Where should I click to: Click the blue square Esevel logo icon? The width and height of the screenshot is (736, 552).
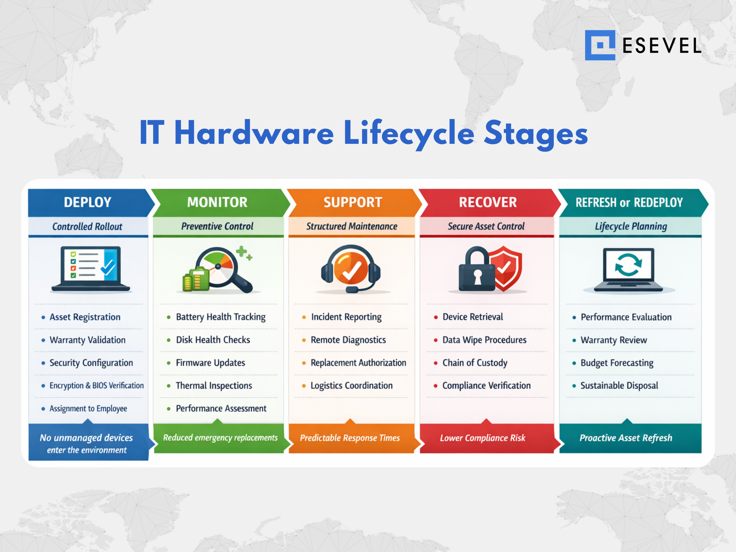click(600, 45)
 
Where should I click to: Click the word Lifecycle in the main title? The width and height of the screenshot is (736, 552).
click(409, 133)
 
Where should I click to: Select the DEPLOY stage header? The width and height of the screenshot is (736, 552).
click(87, 202)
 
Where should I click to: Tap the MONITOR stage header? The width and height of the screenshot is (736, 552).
click(217, 202)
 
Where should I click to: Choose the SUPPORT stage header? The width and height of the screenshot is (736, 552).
click(353, 202)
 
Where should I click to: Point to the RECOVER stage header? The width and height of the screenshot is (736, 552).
click(488, 202)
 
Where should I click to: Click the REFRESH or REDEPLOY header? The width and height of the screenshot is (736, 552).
click(629, 202)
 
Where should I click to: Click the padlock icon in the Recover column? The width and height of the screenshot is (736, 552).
click(477, 269)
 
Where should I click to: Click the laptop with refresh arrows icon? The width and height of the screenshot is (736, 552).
click(629, 270)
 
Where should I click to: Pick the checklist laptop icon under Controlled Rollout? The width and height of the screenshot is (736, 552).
click(90, 269)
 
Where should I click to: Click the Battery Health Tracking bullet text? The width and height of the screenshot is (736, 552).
click(220, 317)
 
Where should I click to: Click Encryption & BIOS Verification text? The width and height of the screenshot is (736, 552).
click(97, 386)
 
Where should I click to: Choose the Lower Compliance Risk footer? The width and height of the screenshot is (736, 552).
click(483, 438)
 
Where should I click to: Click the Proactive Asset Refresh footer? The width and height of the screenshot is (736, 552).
click(626, 438)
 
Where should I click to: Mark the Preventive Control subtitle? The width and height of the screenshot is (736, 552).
click(217, 226)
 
